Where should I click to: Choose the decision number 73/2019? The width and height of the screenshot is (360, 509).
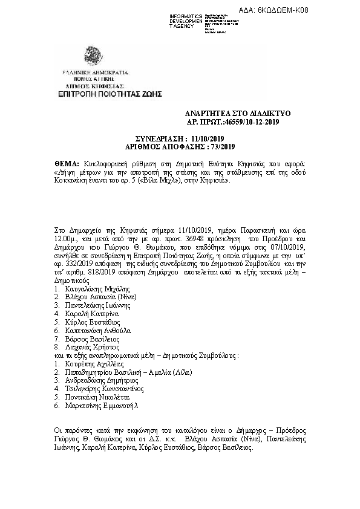click(x=221, y=147)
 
